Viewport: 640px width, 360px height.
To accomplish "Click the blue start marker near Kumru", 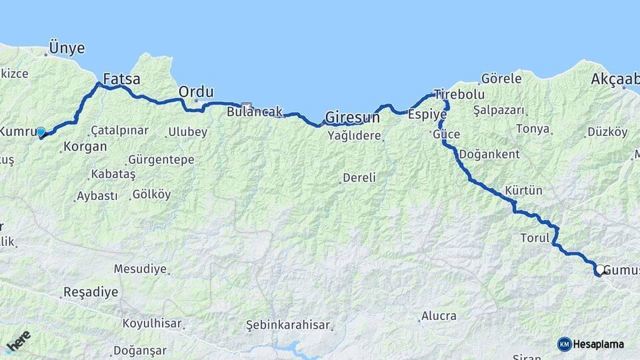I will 41,132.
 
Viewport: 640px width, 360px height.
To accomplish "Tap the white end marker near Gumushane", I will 600,270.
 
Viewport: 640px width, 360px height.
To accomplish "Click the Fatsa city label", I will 122,79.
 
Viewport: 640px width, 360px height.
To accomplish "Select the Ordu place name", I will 196,91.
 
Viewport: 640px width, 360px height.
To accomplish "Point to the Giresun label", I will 352,117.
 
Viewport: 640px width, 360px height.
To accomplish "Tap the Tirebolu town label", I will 459,94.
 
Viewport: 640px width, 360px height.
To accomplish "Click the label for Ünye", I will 67,49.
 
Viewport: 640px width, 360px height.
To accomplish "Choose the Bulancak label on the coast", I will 255,112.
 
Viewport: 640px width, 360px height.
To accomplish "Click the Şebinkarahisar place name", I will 288,325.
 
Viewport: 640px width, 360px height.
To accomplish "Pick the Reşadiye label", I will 90,292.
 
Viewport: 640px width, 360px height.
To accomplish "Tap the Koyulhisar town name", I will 152,323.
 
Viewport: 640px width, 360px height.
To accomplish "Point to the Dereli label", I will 359,178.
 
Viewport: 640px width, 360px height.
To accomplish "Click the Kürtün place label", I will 524,191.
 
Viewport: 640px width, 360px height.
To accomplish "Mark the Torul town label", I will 535,237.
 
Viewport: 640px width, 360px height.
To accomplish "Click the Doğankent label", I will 489,154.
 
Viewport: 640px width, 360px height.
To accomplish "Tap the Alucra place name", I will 439,316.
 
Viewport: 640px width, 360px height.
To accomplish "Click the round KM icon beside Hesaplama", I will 565,344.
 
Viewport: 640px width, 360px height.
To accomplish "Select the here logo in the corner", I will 19,342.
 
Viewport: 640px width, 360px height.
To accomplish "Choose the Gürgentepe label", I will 161,160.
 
